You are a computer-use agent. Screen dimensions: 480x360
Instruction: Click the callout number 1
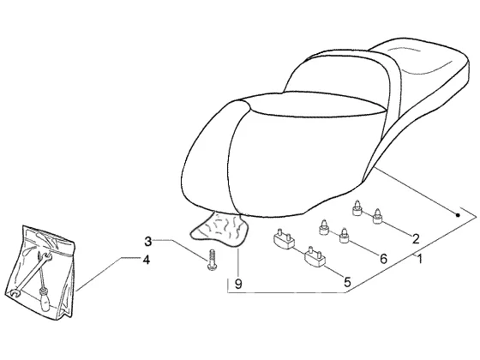click(x=420, y=259)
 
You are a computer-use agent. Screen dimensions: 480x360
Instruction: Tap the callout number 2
click(x=416, y=239)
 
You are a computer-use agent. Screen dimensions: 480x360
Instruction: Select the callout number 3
click(x=148, y=242)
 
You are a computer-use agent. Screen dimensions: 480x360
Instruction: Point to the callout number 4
click(x=147, y=260)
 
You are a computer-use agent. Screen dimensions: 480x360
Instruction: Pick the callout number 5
click(x=347, y=282)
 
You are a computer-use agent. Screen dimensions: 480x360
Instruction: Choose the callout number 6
click(x=384, y=259)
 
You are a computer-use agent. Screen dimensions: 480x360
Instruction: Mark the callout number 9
click(x=238, y=284)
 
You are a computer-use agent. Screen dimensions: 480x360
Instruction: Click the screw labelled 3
click(x=212, y=260)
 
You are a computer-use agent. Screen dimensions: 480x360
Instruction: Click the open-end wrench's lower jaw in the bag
click(x=14, y=293)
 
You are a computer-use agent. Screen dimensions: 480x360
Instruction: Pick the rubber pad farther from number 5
click(x=284, y=238)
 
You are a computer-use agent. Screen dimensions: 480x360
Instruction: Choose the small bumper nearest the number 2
click(x=378, y=216)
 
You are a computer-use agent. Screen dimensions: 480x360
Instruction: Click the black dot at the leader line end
click(x=458, y=215)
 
